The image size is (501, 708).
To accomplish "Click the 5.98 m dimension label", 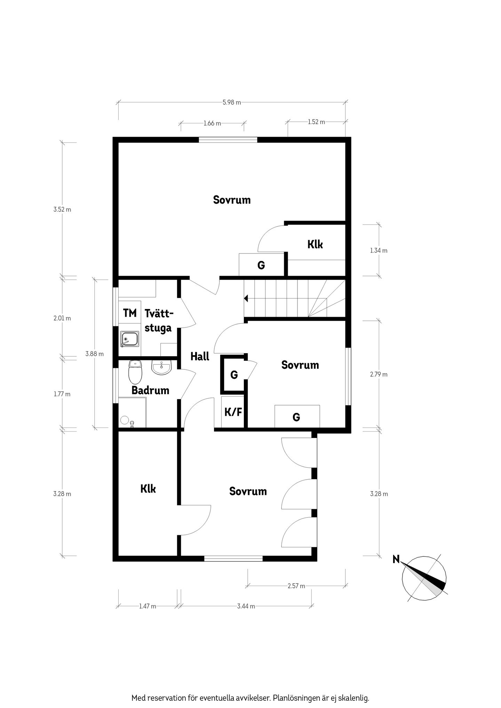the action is (232, 102).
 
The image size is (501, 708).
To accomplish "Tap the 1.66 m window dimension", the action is (212, 123).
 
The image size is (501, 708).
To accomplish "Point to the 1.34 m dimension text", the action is (379, 250).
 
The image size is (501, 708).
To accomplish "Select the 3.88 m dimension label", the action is (95, 354).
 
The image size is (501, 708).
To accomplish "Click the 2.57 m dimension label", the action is (296, 586).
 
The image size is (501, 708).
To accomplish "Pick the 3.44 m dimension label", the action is (246, 606).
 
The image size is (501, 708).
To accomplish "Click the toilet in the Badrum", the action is (135, 372).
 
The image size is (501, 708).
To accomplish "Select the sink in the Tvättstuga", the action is (130, 339).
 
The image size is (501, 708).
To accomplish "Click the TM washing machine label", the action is (130, 313).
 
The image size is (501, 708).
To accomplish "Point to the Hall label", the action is (200, 356).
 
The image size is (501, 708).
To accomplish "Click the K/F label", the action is (233, 412).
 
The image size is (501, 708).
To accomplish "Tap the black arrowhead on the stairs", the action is (246, 298).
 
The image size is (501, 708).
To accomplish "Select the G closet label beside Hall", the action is (234, 375).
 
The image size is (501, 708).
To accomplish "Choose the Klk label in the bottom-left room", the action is (148, 489).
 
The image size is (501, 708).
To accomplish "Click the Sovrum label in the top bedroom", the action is (232, 200).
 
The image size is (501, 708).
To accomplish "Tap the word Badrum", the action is (150, 390).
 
